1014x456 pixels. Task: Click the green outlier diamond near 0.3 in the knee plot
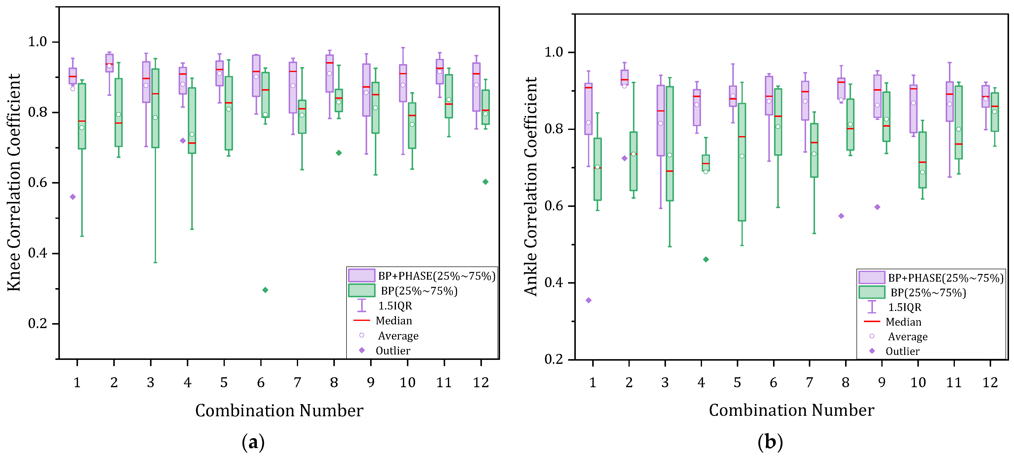click(x=265, y=290)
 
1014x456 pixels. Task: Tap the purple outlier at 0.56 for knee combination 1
click(x=73, y=197)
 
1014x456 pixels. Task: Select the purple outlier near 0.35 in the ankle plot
click(x=588, y=300)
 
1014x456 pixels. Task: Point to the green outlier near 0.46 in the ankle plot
click(x=706, y=259)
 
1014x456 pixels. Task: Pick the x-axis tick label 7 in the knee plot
click(x=297, y=382)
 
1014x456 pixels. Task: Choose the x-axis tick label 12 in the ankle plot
click(x=990, y=382)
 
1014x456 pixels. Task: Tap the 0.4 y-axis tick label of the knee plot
click(x=38, y=253)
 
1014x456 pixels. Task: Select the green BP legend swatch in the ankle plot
click(x=871, y=292)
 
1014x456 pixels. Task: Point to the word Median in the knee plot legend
click(x=394, y=321)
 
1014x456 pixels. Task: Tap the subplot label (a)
click(x=253, y=442)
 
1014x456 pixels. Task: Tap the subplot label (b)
click(x=770, y=442)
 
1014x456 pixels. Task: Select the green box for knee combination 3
click(x=156, y=108)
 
